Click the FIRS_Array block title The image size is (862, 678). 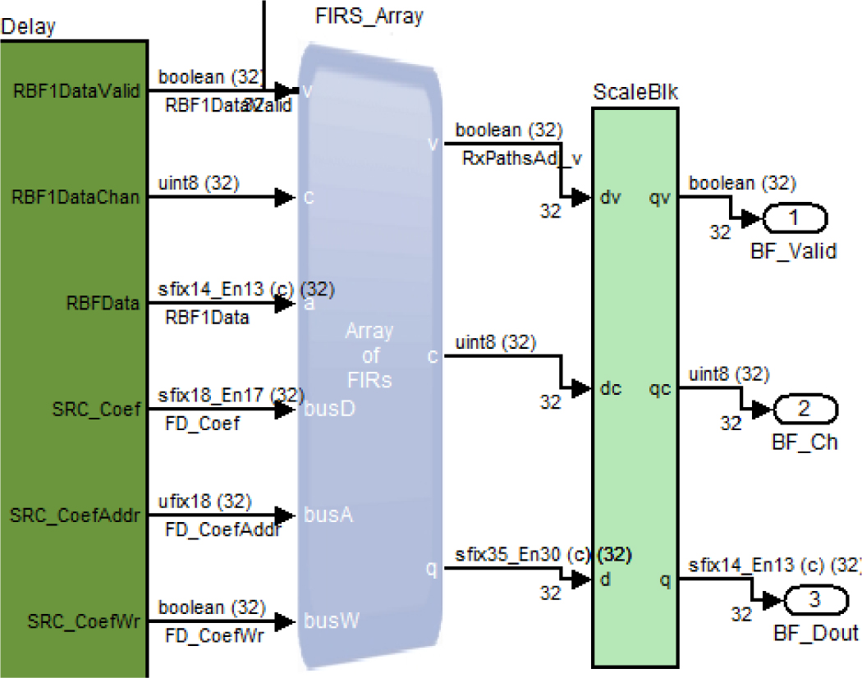tap(369, 16)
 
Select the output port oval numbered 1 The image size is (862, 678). tap(794, 219)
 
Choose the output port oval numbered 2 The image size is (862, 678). tap(804, 408)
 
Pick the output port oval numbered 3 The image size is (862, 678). tap(814, 600)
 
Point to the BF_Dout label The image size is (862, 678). tap(815, 633)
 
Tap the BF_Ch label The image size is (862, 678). tap(805, 442)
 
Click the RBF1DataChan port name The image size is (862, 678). tap(76, 197)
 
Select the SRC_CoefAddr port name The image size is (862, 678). tap(75, 515)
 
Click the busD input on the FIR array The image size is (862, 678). tap(329, 408)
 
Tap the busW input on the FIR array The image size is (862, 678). tap(331, 621)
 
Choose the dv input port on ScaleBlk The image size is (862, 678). tap(609, 198)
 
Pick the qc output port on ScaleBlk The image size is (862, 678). tap(660, 388)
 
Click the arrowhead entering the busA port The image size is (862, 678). tap(285, 515)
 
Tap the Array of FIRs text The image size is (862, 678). tap(369, 355)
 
